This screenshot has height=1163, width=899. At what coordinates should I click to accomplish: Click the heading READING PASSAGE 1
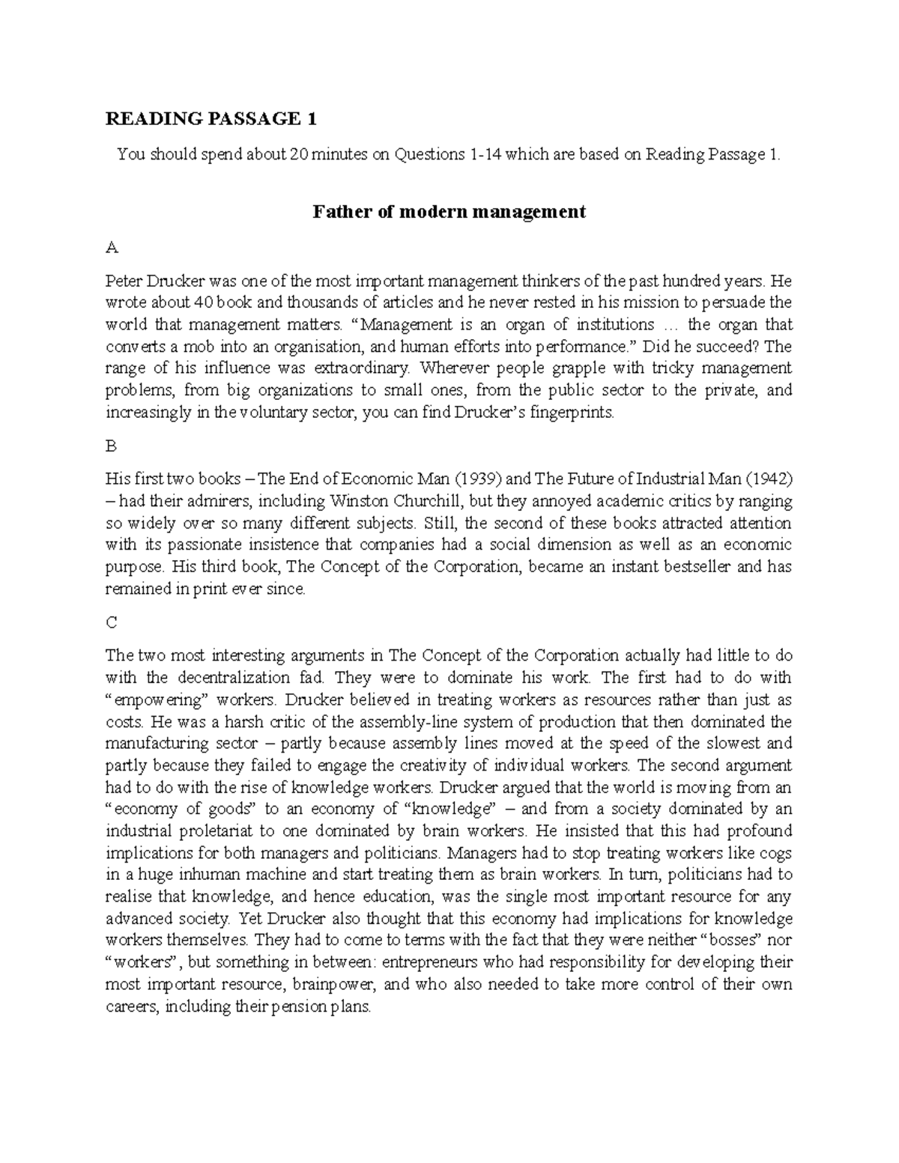coord(211,119)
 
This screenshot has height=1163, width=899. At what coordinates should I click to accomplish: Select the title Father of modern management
coord(449,212)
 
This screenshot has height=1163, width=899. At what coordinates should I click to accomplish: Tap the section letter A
coord(112,247)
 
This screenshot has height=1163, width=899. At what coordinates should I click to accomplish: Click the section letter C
coord(112,622)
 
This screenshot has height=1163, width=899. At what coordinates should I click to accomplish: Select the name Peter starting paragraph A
coord(124,281)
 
